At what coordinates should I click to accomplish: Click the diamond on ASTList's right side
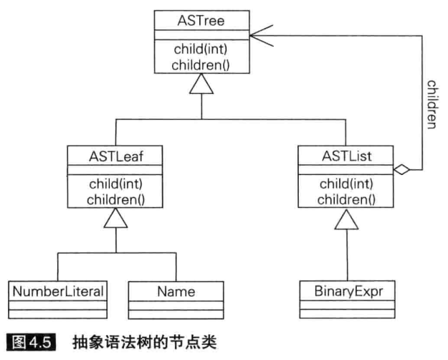[401, 170]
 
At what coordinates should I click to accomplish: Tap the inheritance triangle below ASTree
[201, 87]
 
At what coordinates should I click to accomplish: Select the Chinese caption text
[143, 343]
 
